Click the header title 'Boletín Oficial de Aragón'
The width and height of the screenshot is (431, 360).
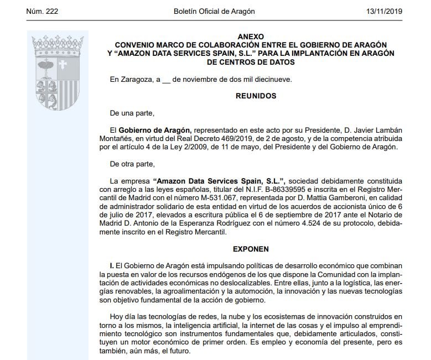(x=215, y=11)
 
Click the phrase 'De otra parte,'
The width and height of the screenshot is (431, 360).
(x=133, y=164)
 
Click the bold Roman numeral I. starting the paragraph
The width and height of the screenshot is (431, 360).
(x=112, y=266)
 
